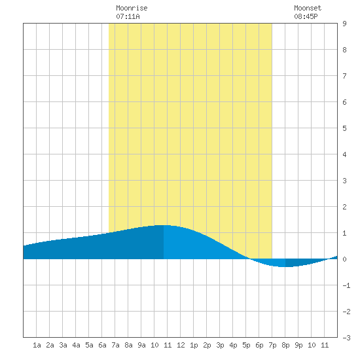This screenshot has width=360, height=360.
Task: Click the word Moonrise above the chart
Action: [132, 8]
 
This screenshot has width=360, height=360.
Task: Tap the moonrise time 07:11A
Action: [128, 16]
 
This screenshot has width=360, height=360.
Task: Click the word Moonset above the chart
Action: [308, 8]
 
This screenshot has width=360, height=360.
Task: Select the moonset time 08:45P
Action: [306, 16]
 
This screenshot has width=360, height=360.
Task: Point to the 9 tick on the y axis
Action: [344, 24]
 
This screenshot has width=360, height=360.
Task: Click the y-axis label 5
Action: [344, 128]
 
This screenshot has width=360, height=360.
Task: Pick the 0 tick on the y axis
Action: [344, 259]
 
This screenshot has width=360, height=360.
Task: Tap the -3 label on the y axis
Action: [346, 338]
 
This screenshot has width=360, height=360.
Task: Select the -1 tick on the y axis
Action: [346, 285]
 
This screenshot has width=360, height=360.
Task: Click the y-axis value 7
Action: [344, 76]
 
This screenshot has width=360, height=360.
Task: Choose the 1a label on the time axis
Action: [37, 345]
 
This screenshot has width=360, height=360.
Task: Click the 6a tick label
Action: [102, 345]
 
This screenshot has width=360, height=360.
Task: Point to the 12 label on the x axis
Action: [181, 345]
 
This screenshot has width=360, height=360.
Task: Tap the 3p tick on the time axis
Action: [220, 345]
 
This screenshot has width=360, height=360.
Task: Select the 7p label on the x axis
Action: [272, 345]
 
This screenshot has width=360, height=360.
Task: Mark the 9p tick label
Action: [298, 345]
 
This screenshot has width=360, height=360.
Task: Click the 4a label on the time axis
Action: [76, 345]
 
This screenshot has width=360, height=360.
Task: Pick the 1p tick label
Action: [194, 345]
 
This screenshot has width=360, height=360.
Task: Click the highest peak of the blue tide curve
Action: [164, 225]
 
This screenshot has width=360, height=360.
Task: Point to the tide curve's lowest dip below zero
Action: [285, 267]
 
